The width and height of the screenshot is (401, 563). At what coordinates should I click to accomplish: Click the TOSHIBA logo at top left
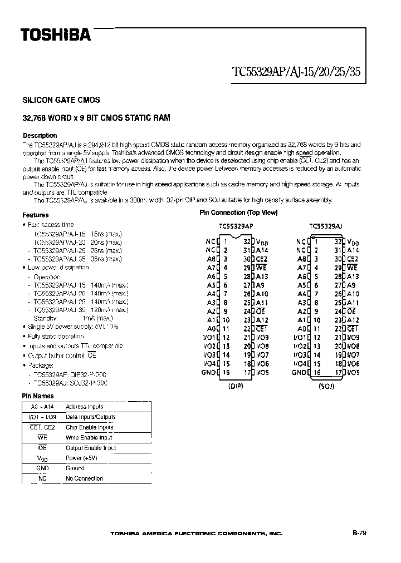55,35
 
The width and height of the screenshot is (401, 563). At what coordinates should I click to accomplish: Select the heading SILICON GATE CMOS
61,100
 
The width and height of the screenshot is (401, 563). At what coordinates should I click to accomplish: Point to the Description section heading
40,135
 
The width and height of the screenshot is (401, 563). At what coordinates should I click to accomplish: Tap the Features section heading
36,215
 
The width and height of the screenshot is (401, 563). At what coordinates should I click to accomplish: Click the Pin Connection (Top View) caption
238,213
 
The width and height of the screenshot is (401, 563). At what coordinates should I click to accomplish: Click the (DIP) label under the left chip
236,386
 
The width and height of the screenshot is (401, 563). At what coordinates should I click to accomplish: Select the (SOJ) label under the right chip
326,386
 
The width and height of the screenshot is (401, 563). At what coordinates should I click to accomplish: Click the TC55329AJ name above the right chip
326,226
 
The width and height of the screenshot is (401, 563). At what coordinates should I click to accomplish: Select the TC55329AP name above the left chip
236,226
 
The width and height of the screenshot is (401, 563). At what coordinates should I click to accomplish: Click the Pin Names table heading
38,396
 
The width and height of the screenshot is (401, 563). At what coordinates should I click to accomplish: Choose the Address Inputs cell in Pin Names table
84,407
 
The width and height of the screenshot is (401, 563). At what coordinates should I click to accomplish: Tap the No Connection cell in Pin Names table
84,478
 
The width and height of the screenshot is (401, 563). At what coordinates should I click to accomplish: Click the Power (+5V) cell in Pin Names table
81,458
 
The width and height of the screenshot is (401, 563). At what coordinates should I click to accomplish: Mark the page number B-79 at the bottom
359,533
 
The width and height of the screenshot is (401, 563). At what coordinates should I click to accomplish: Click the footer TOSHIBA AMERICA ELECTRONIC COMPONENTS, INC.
197,534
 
